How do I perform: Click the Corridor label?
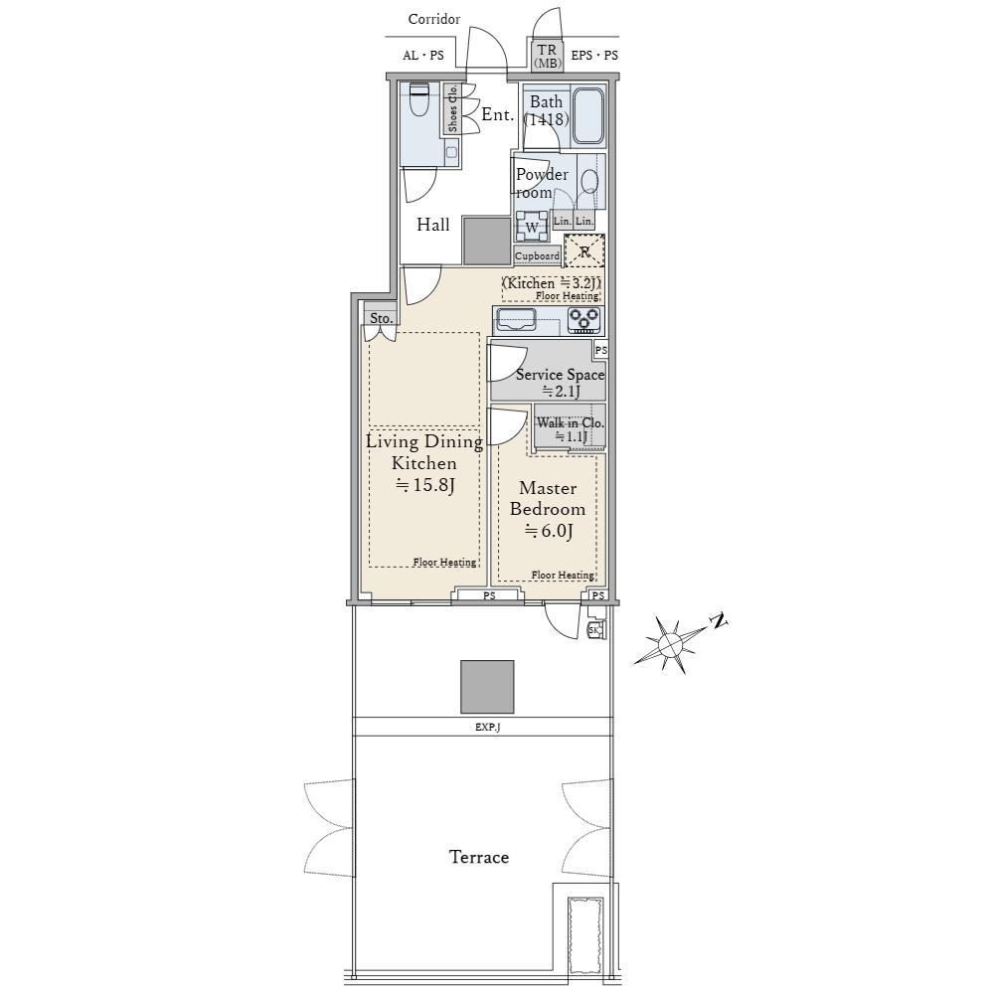pyautogui.click(x=434, y=19)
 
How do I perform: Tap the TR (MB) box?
pyautogui.click(x=547, y=55)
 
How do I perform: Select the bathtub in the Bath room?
pyautogui.click(x=587, y=117)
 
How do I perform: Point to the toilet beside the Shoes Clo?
pyautogui.click(x=419, y=100)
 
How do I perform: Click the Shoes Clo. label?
pyautogui.click(x=452, y=109)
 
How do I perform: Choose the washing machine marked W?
pyautogui.click(x=532, y=227)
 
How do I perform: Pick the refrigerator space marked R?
pyautogui.click(x=584, y=251)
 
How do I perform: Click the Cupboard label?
pyautogui.click(x=537, y=255)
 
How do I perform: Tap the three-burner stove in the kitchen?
pyautogui.click(x=583, y=320)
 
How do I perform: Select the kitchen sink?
pyautogui.click(x=515, y=319)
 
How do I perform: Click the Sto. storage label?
pyautogui.click(x=381, y=318)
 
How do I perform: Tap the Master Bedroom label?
pyautogui.click(x=548, y=498)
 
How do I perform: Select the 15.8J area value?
pyautogui.click(x=425, y=485)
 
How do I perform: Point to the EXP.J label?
pyautogui.click(x=487, y=728)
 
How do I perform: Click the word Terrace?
pyautogui.click(x=479, y=857)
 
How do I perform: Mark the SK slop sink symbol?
pyautogui.click(x=595, y=629)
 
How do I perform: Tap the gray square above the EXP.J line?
pyautogui.click(x=487, y=687)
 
